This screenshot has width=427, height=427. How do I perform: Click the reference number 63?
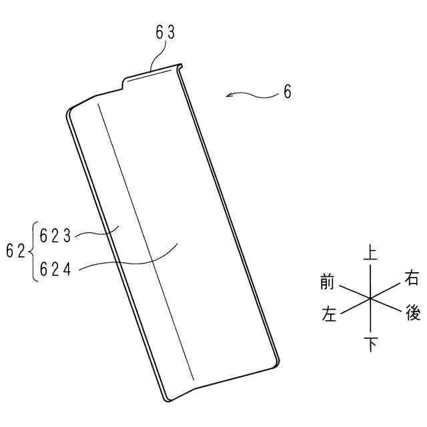[165, 33]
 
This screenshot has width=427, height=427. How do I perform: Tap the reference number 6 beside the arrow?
[288, 92]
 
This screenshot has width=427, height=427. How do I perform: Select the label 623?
[55, 236]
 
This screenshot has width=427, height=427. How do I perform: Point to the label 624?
[55, 269]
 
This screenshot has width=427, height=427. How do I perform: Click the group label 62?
[15, 251]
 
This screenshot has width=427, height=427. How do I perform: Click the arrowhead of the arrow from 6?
[230, 95]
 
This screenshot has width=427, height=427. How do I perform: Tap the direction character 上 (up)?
[370, 253]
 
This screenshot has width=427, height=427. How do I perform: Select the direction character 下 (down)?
[371, 344]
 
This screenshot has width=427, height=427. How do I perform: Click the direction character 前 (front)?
[327, 282]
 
